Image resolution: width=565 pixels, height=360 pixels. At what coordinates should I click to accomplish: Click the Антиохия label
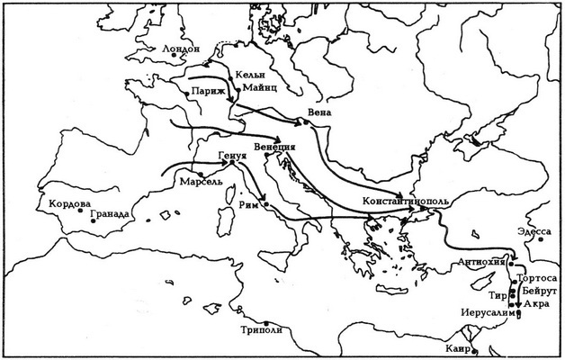point(481,262)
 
